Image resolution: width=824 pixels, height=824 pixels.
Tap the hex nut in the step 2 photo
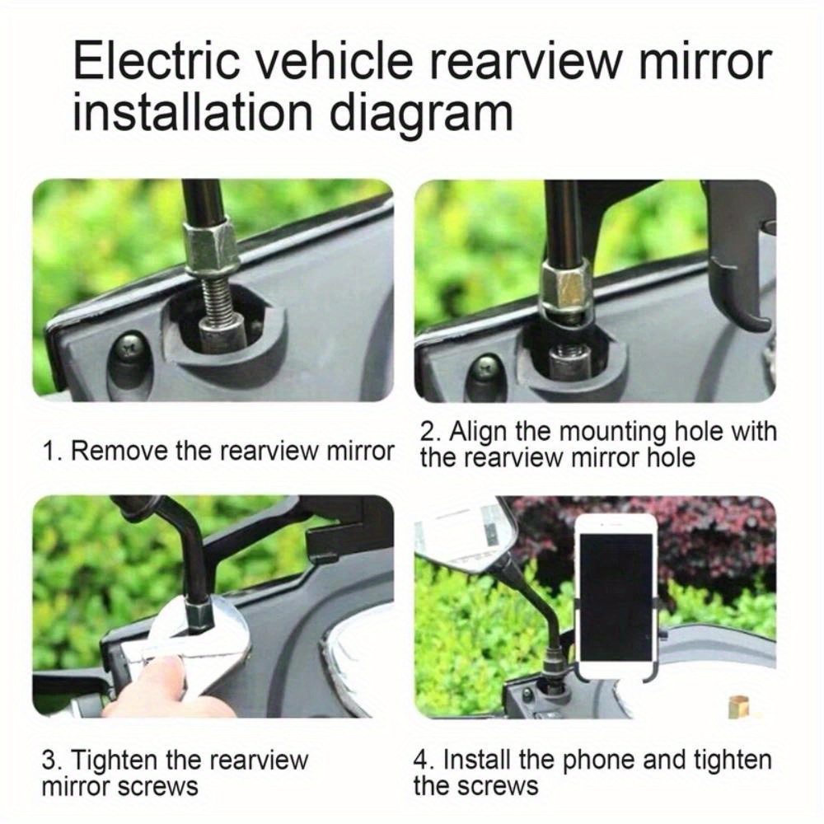[568, 288]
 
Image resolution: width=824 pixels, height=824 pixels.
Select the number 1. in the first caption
[52, 451]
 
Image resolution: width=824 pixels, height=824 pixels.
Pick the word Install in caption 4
[475, 759]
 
